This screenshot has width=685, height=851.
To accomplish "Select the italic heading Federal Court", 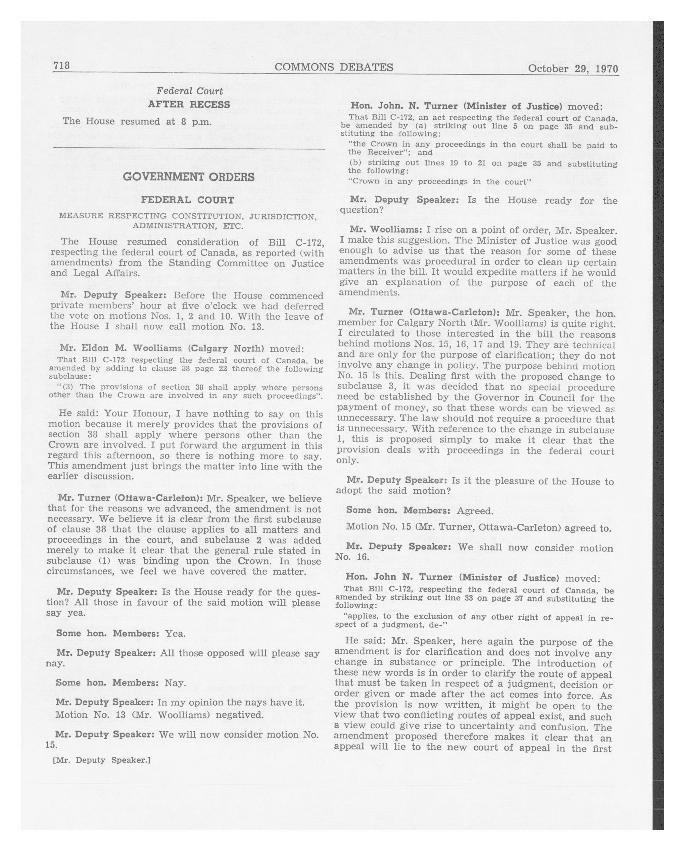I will [x=190, y=90].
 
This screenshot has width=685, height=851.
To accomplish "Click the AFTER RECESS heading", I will [x=189, y=105].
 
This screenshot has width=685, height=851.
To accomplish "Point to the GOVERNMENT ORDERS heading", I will [x=189, y=177].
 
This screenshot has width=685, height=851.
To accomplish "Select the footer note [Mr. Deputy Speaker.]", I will [x=102, y=760].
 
